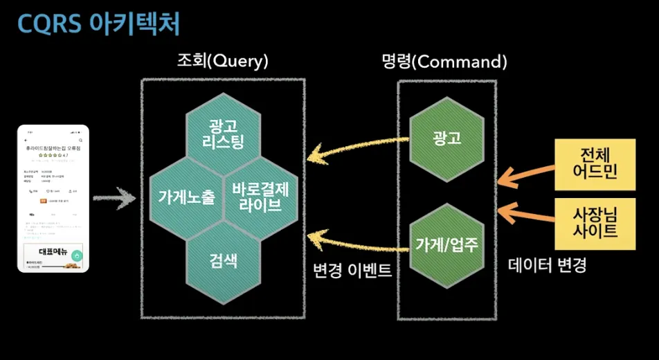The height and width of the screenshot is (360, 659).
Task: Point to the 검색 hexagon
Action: coord(223,261)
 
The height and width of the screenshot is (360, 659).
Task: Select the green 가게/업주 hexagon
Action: coord(446,244)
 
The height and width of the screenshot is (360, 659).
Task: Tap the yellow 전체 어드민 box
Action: coord(595,163)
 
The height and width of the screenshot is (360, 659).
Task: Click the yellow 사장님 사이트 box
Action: coord(595,223)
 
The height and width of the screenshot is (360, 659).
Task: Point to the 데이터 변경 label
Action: coord(547,264)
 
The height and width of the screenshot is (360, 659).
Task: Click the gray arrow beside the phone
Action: coord(114,199)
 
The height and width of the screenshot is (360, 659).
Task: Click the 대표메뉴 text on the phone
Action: coord(52,252)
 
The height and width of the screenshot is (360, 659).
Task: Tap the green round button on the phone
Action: coord(77,255)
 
